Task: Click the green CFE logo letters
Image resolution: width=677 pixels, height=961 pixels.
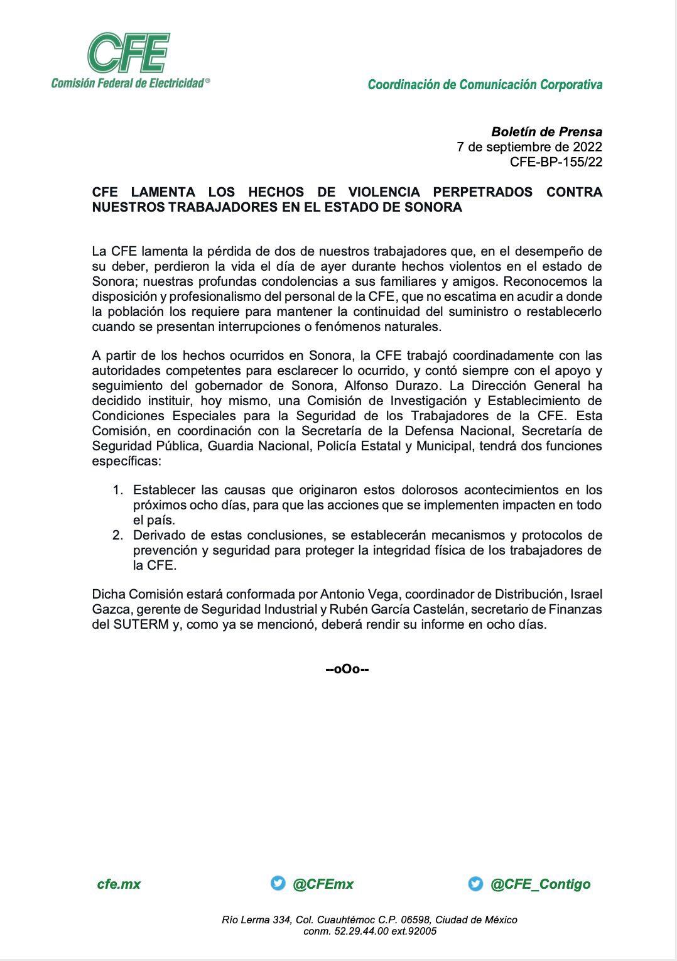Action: click(x=129, y=53)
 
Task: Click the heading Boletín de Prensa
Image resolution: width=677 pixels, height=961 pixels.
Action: click(x=546, y=132)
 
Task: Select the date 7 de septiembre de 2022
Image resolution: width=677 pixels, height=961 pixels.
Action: click(x=529, y=147)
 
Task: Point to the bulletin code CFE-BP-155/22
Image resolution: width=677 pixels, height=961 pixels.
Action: click(x=556, y=162)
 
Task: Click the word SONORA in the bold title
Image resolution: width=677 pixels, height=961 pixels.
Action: click(x=433, y=207)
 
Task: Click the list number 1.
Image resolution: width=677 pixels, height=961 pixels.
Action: click(x=117, y=490)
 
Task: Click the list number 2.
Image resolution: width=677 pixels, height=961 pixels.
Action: click(x=117, y=535)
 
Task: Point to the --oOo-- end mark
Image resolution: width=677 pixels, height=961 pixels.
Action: click(x=347, y=669)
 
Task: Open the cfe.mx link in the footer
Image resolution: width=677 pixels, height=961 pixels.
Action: click(x=119, y=884)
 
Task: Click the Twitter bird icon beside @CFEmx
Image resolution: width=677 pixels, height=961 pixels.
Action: click(x=278, y=883)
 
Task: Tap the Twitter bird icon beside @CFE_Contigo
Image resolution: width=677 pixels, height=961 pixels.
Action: click(x=475, y=883)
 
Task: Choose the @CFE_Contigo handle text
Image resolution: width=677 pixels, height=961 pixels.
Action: click(x=540, y=884)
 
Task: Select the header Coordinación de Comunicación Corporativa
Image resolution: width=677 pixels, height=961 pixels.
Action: click(x=485, y=84)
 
